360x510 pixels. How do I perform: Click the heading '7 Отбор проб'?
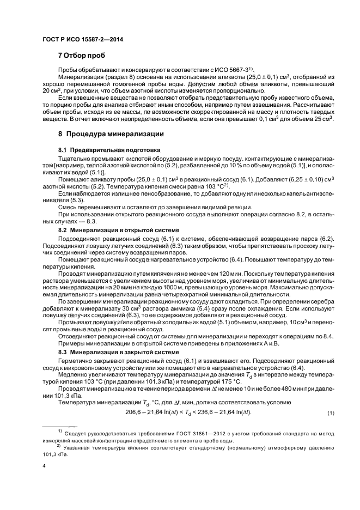[x=81, y=56]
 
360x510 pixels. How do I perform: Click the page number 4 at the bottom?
[x=44, y=465]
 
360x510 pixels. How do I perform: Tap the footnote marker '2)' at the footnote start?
[x=60, y=446]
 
